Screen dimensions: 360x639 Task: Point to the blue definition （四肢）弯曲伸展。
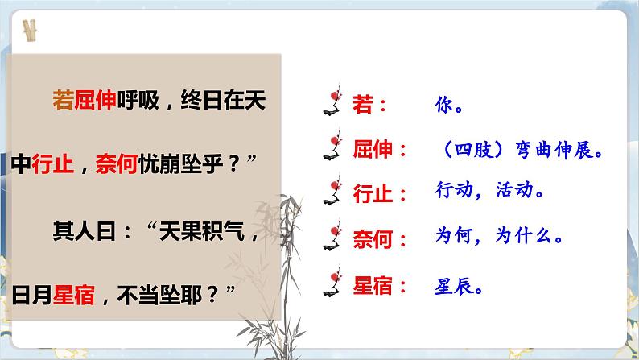(517, 150)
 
